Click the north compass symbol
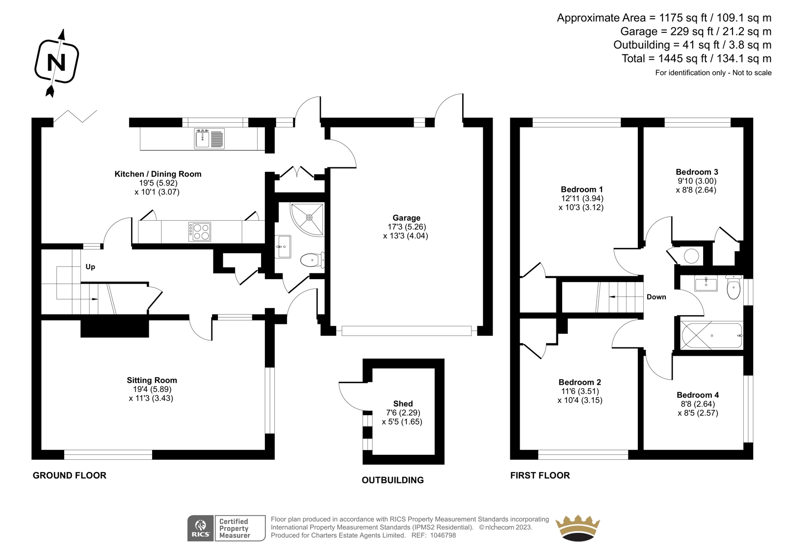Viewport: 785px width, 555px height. click(57, 62)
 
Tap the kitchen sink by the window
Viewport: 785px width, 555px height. click(209, 138)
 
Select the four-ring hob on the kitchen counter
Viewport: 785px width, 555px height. click(199, 232)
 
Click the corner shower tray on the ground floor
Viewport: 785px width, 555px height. click(307, 220)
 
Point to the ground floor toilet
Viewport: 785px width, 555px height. click(313, 260)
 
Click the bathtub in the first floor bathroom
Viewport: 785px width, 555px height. click(711, 336)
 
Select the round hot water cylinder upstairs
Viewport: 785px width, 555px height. click(691, 256)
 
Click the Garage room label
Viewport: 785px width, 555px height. click(406, 218)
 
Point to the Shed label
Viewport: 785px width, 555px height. click(403, 403)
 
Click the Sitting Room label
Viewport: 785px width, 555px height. click(152, 380)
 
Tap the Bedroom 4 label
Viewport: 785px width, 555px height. click(698, 395)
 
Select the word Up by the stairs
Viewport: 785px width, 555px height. click(90, 267)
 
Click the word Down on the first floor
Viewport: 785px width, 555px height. click(656, 297)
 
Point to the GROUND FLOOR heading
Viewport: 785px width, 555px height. click(69, 476)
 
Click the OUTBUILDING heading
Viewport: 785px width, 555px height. click(392, 480)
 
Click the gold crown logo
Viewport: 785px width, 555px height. click(577, 528)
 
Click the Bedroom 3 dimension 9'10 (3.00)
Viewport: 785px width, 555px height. click(697, 181)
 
